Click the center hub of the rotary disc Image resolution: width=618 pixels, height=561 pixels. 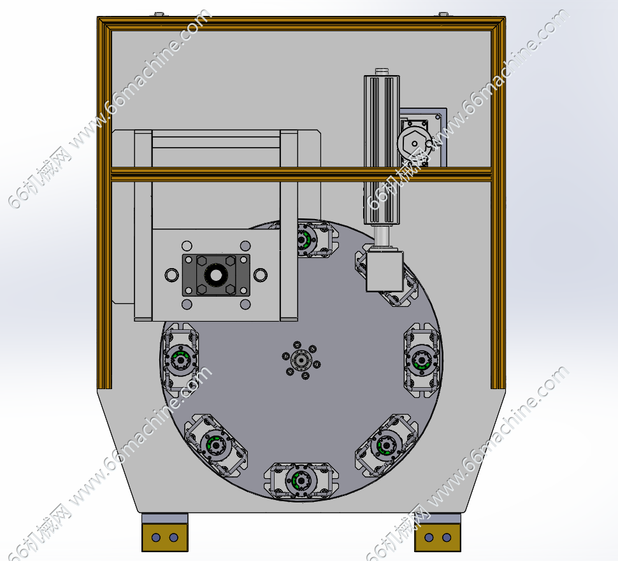301,360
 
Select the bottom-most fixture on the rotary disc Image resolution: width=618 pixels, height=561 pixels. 301,481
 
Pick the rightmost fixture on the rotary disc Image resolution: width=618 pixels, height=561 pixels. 422,360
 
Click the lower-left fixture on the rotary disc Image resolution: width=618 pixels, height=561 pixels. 216,445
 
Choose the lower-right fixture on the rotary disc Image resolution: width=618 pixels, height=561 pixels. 386,446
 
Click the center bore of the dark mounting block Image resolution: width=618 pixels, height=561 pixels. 216,275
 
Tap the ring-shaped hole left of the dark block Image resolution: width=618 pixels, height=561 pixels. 172,275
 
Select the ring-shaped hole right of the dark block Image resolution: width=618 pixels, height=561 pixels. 261,275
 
